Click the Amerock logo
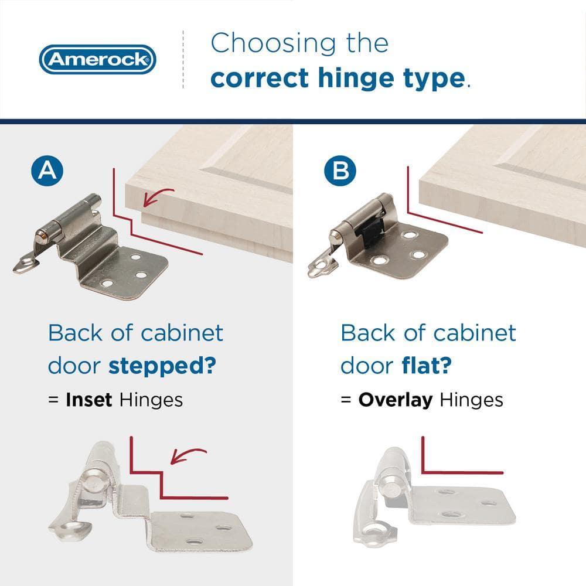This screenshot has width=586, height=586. point(98,59)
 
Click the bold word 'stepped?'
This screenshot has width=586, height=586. point(162,367)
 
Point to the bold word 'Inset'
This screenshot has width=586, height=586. point(90,400)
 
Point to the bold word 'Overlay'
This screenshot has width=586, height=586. point(396,400)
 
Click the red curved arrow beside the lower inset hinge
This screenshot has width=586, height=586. point(189,454)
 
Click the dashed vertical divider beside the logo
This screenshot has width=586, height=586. point(183,59)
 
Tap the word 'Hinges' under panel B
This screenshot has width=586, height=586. point(471,400)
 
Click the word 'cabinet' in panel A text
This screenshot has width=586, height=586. point(182,333)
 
